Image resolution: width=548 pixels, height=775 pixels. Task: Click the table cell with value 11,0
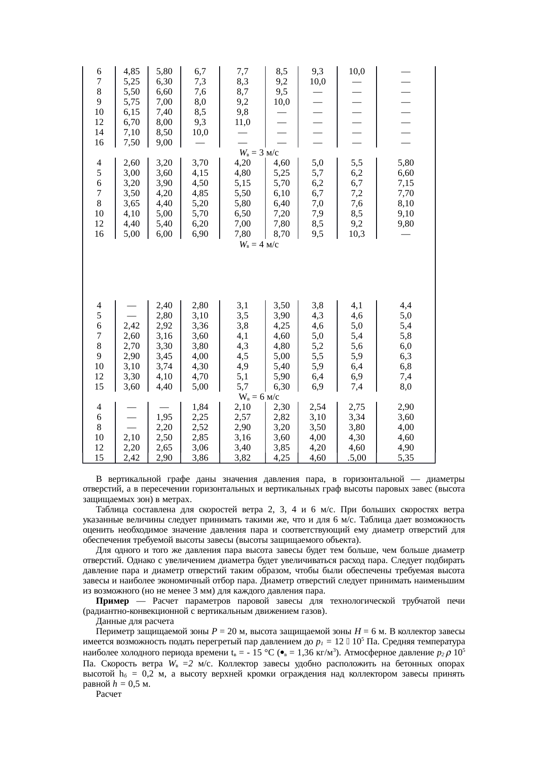[x=242, y=122]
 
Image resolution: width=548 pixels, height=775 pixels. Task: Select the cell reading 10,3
[x=357, y=234]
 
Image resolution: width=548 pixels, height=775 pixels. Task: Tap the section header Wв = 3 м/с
[x=259, y=153]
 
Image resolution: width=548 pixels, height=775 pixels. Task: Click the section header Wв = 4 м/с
[x=259, y=245]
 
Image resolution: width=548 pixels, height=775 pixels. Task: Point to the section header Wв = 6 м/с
[x=259, y=397]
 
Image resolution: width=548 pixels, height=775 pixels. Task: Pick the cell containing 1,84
[x=200, y=407]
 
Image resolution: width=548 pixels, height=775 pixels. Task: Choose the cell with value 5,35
[x=405, y=458]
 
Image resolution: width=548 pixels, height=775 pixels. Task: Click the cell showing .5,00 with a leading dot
[x=357, y=458]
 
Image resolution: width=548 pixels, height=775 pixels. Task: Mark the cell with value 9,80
[x=405, y=224]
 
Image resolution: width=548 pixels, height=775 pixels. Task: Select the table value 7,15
[x=405, y=183]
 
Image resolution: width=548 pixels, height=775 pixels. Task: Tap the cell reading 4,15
[x=200, y=173]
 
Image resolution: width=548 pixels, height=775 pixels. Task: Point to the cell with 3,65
[x=132, y=204]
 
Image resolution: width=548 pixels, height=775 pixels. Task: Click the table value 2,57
[x=242, y=417]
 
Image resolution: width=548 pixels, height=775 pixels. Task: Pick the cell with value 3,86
[x=200, y=458]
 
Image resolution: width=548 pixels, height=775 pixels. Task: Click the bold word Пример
[x=112, y=601]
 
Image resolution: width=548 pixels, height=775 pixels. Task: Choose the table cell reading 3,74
[x=164, y=367]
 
